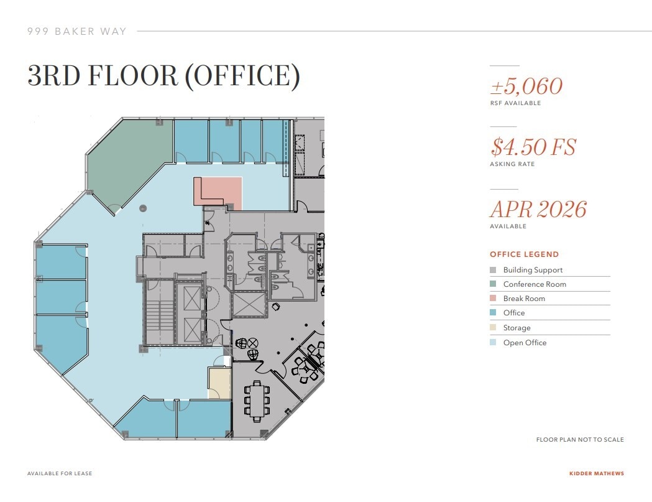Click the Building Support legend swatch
pyautogui.click(x=493, y=270)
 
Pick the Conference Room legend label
pyautogui.click(x=534, y=284)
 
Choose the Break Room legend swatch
pyautogui.click(x=493, y=299)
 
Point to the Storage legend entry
pyautogui.click(x=517, y=328)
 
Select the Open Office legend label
pyautogui.click(x=525, y=343)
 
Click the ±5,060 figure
pyautogui.click(x=526, y=86)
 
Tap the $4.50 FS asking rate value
pyautogui.click(x=533, y=147)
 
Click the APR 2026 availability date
pyautogui.click(x=538, y=209)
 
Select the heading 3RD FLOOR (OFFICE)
pyautogui.click(x=163, y=75)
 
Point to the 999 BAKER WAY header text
pyautogui.click(x=76, y=31)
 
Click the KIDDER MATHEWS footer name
pyautogui.click(x=596, y=473)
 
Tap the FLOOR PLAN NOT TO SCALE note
pyautogui.click(x=579, y=440)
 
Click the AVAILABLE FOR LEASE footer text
pyautogui.click(x=60, y=473)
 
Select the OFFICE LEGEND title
pyautogui.click(x=524, y=254)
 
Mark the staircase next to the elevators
pyautogui.click(x=160, y=312)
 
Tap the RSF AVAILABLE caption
pyautogui.click(x=515, y=103)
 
